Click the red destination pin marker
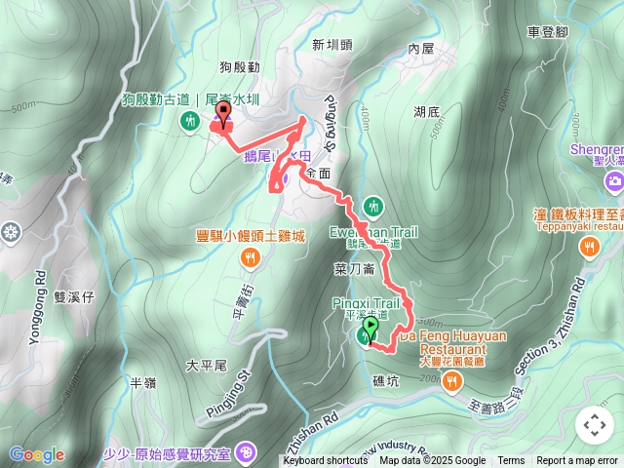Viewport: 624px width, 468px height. pos(223,119)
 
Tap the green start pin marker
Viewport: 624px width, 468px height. pos(370,329)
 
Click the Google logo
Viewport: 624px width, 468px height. pos(37,454)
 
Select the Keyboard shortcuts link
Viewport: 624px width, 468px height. pos(326,461)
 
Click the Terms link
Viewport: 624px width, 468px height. pos(511,461)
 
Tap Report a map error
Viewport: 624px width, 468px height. pos(578,461)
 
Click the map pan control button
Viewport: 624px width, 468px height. pos(594,425)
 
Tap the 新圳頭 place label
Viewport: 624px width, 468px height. pos(331,44)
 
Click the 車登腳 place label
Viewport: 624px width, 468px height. pos(547,32)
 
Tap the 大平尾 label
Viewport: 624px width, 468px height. pos(206,366)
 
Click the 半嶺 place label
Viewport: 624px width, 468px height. pos(143,383)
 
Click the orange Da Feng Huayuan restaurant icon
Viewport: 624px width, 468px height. pos(451,379)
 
